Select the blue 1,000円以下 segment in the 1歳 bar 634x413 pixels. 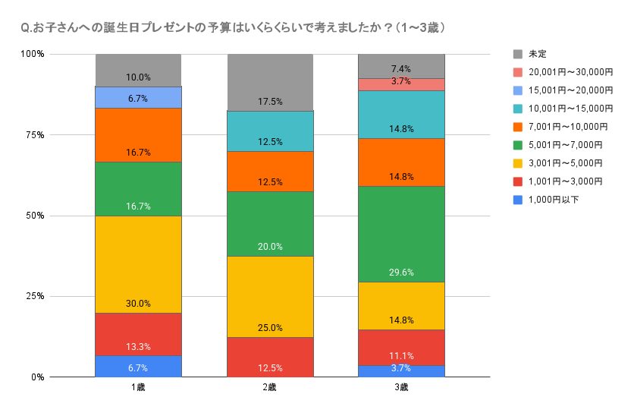pyautogui.click(x=138, y=366)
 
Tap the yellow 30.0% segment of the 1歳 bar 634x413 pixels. pyautogui.click(x=138, y=264)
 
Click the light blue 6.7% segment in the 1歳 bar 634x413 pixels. pyautogui.click(x=138, y=97)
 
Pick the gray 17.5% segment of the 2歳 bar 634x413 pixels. pyautogui.click(x=270, y=83)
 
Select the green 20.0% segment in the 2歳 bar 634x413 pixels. pyautogui.click(x=270, y=224)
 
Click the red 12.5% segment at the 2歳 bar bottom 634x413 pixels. pyautogui.click(x=270, y=357)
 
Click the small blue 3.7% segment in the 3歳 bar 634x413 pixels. pyautogui.click(x=401, y=371)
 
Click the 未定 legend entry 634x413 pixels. pyautogui.click(x=537, y=54)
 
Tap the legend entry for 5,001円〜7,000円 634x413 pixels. pyautogui.click(x=557, y=145)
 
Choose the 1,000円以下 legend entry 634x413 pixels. pyautogui.click(x=550, y=200)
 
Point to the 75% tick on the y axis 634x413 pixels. pyautogui.click(x=35, y=135)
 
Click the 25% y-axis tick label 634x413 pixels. pyautogui.click(x=35, y=297)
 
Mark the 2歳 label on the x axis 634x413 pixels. pyautogui.click(x=270, y=388)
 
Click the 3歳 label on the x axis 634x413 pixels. pyautogui.click(x=401, y=388)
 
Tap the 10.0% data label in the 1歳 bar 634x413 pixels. pyautogui.click(x=138, y=77)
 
